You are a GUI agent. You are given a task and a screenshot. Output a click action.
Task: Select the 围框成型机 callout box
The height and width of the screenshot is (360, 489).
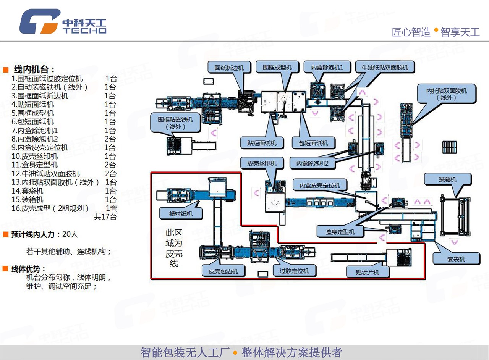(x=277, y=68)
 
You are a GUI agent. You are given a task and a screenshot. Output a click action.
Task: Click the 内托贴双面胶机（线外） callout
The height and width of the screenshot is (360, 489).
(x=447, y=94)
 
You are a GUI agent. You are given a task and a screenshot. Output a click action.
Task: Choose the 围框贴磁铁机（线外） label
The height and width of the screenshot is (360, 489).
(x=176, y=123)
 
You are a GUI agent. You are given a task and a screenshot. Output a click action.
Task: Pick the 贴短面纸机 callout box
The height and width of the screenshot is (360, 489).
(x=259, y=144)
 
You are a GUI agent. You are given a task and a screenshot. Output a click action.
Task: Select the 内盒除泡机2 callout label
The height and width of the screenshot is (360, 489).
(x=313, y=163)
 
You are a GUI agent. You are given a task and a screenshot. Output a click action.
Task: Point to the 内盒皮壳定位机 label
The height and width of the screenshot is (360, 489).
(x=319, y=186)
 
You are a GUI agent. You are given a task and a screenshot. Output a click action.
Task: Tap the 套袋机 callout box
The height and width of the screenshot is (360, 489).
(x=456, y=258)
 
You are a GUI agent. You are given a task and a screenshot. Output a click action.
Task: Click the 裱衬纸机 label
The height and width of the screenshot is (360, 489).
(x=182, y=214)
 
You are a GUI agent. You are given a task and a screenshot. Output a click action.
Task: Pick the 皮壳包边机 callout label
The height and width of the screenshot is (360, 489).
(x=223, y=271)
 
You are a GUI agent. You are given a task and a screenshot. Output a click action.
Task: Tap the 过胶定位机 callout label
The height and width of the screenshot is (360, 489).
(x=291, y=271)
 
